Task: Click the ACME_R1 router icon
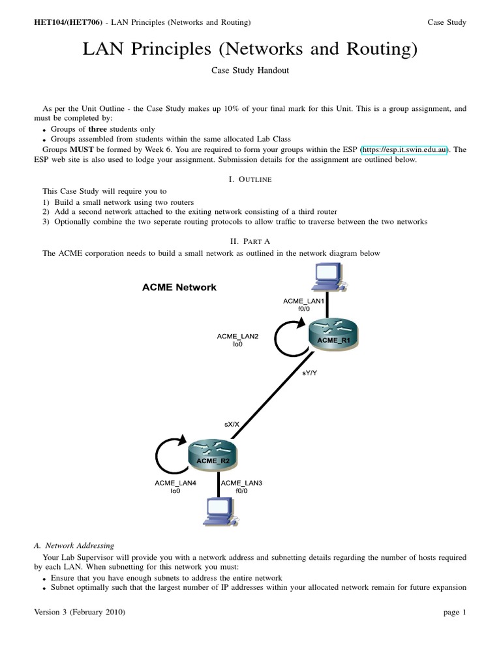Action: pyautogui.click(x=333, y=334)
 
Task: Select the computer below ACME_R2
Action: pyautogui.click(x=218, y=512)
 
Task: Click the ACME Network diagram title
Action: pyautogui.click(x=179, y=287)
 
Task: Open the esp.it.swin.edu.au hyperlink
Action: pyautogui.click(x=404, y=149)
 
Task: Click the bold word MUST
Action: pyautogui.click(x=76, y=149)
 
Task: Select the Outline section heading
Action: pyautogui.click(x=250, y=179)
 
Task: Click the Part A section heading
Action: pyautogui.click(x=250, y=241)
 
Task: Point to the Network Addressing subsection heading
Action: pyautogui.click(x=74, y=545)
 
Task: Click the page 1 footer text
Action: pyautogui.click(x=455, y=613)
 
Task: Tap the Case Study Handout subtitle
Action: pyautogui.click(x=250, y=71)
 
